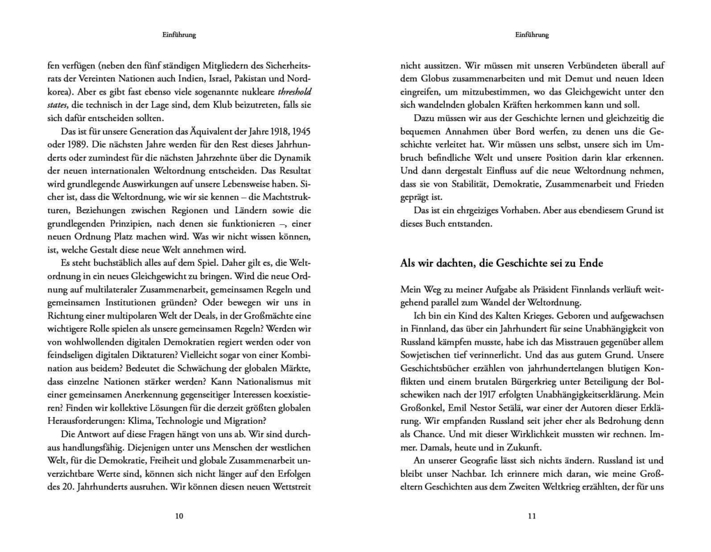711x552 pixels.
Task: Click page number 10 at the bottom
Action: coord(179,516)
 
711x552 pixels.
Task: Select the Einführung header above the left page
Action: coord(179,35)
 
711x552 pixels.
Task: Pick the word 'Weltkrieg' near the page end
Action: coord(573,487)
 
